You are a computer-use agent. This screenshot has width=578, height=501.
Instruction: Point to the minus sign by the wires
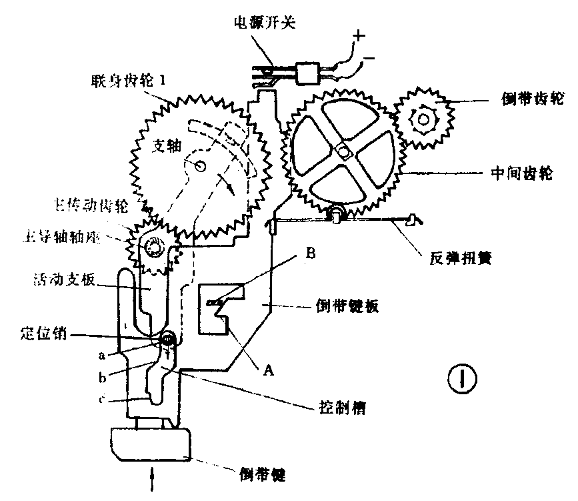[x=368, y=61]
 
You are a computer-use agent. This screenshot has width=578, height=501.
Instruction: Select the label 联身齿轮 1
[x=131, y=81]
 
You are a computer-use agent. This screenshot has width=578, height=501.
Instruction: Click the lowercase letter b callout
[x=103, y=377]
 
